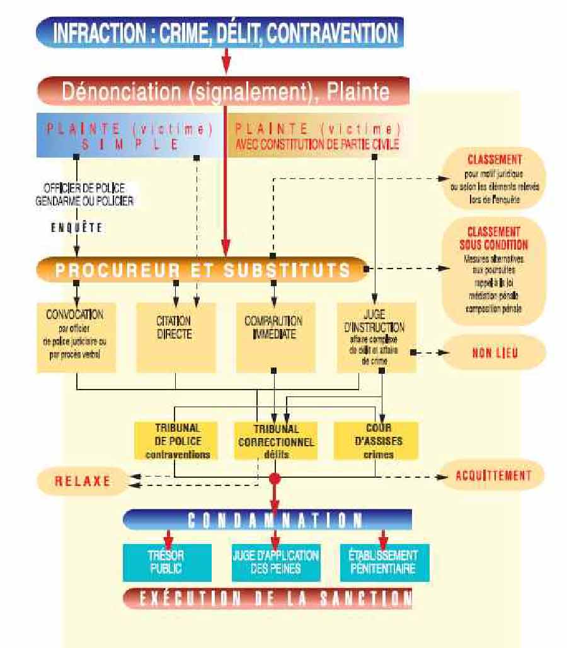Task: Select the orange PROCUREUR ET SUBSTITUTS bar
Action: [x=202, y=270]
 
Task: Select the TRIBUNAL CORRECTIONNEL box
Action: [x=275, y=440]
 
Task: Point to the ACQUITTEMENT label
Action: [x=493, y=475]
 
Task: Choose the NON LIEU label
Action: [x=495, y=353]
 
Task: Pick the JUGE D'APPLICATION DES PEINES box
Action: [x=275, y=562]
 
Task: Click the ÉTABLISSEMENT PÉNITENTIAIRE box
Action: [x=383, y=562]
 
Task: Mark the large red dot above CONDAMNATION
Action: [x=275, y=479]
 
